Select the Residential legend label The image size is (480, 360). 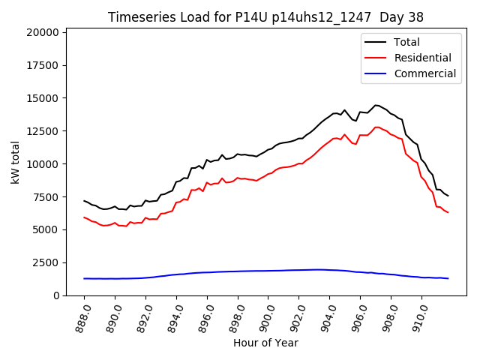coord(423,58)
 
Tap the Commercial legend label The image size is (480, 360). coord(425,73)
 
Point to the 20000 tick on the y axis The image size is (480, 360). coord(42,32)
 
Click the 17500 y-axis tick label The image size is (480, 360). coord(42,65)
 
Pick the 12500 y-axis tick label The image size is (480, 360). coord(42,131)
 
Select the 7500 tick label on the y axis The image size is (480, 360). coord(45,197)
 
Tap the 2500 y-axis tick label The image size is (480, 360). coord(45,262)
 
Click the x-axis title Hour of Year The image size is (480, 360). coord(266,343)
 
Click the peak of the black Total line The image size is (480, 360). coord(376,105)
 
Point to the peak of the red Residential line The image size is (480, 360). coord(377,127)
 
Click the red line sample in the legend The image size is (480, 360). coord(376,58)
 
